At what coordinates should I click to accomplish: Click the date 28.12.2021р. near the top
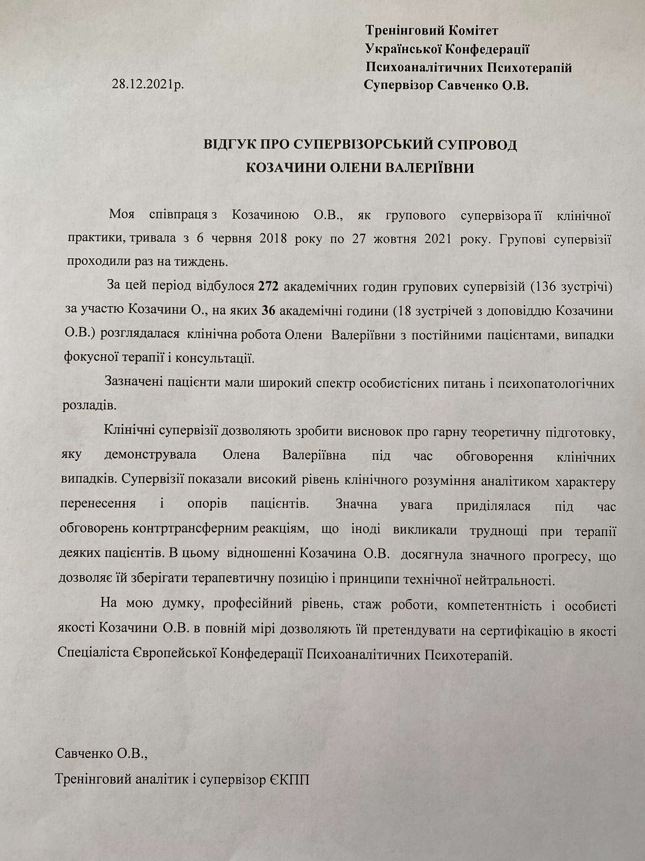[x=148, y=85]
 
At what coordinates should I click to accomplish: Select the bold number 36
[x=269, y=311]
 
